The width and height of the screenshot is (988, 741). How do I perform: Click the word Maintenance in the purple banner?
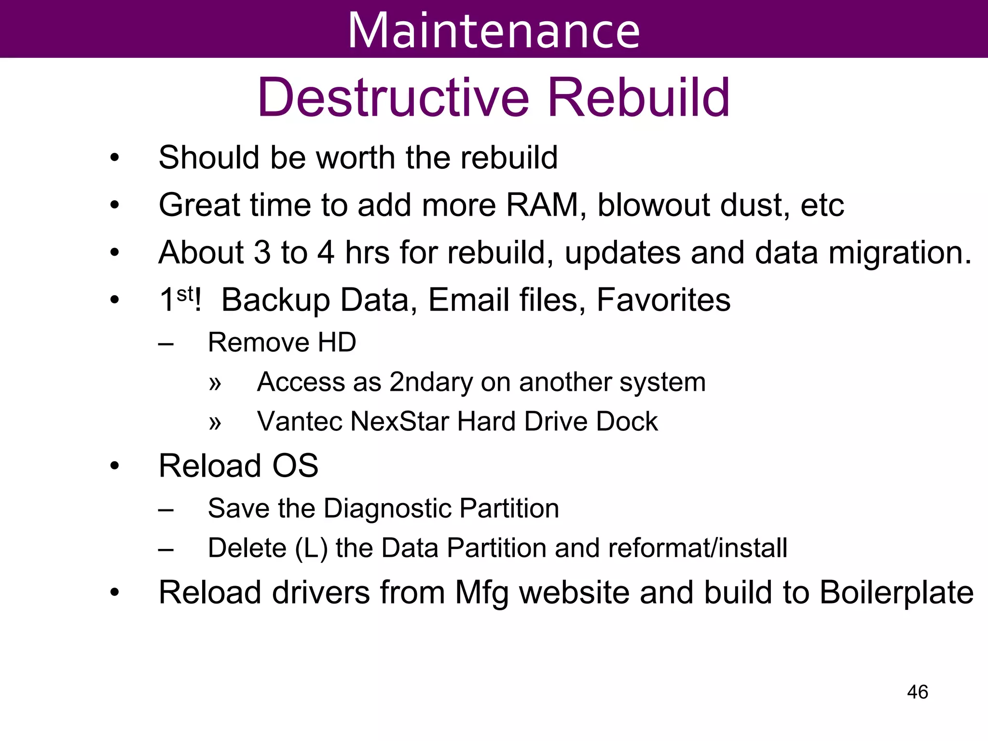[x=494, y=31]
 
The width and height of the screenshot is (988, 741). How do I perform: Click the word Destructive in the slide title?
[x=393, y=98]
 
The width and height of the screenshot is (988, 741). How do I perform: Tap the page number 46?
[x=917, y=692]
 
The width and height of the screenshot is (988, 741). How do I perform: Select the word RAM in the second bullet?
[x=542, y=205]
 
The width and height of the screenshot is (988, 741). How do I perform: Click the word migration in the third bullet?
[x=900, y=252]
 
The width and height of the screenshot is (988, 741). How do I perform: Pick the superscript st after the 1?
[x=185, y=293]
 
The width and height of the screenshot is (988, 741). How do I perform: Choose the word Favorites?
[x=663, y=300]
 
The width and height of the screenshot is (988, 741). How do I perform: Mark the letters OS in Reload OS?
[x=295, y=466]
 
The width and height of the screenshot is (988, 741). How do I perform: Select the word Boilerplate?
[x=896, y=592]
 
